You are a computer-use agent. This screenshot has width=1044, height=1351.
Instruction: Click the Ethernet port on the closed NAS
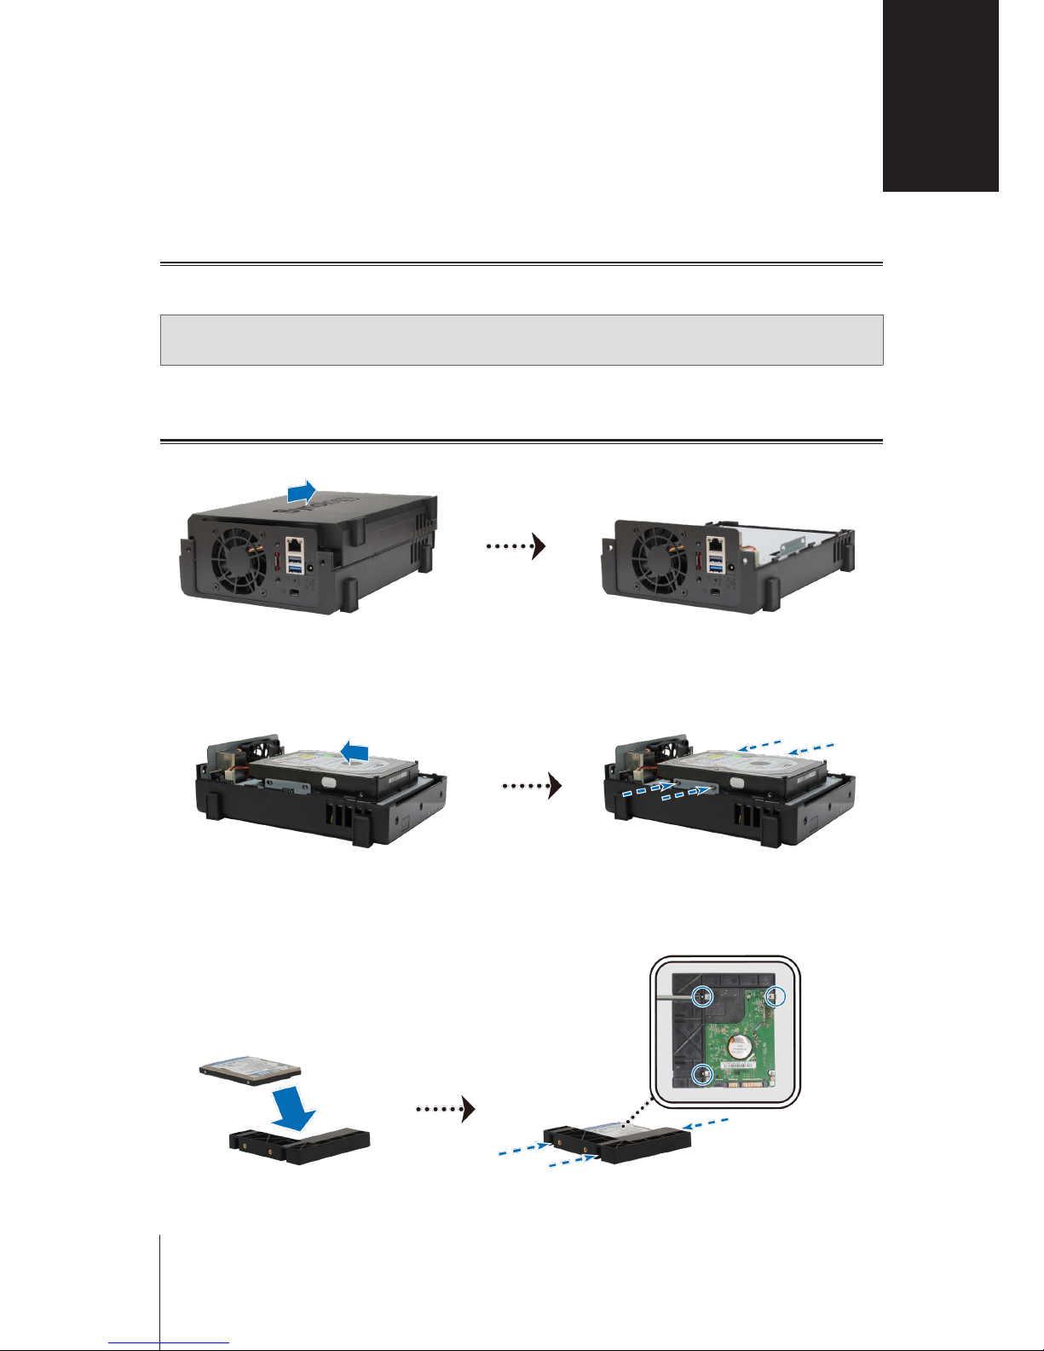294,546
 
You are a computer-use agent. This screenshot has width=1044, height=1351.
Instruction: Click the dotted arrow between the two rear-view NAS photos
516,546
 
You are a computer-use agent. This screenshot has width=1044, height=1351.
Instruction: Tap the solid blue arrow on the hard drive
354,752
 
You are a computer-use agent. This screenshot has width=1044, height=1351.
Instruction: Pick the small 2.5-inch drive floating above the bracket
251,1069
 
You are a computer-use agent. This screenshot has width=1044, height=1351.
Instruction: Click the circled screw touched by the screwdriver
702,995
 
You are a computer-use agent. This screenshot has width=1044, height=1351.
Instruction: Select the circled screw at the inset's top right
775,996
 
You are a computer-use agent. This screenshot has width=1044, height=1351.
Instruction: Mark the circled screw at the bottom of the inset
701,1075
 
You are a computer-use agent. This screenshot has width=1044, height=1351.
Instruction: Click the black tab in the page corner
940,95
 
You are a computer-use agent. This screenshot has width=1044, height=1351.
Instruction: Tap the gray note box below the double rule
522,340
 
